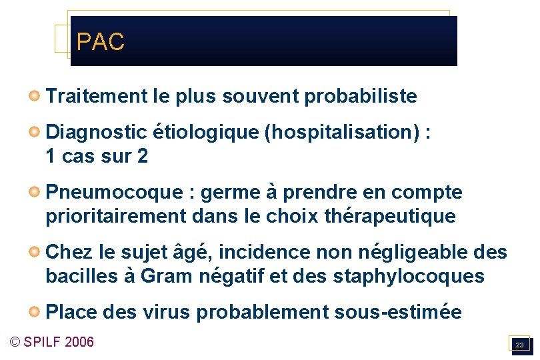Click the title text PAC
[x=100, y=42]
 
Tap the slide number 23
[x=519, y=345]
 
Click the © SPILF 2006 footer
[x=52, y=342]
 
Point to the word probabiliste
[x=361, y=97]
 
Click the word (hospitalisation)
[x=343, y=132]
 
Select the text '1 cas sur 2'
[x=97, y=157]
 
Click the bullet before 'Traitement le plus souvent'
[x=33, y=97]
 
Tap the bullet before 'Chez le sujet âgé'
[x=33, y=253]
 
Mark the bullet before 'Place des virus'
[x=33, y=312]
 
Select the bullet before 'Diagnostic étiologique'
[x=33, y=132]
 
